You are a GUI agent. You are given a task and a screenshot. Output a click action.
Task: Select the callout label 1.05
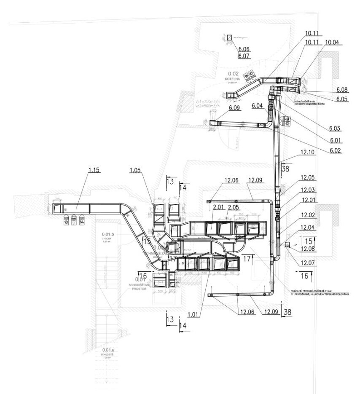[x=135, y=170]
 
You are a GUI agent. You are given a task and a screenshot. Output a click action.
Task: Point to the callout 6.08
[x=342, y=90]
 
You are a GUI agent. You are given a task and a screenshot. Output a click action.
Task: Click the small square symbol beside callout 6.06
[x=229, y=38]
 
